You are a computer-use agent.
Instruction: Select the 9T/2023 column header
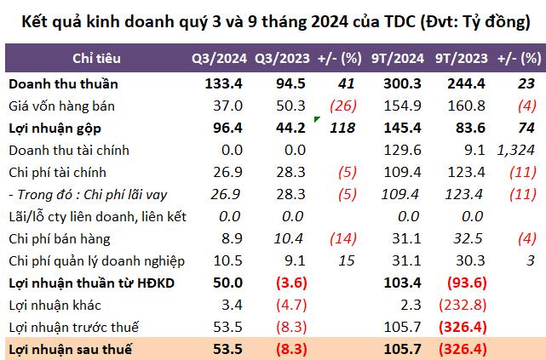461,59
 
